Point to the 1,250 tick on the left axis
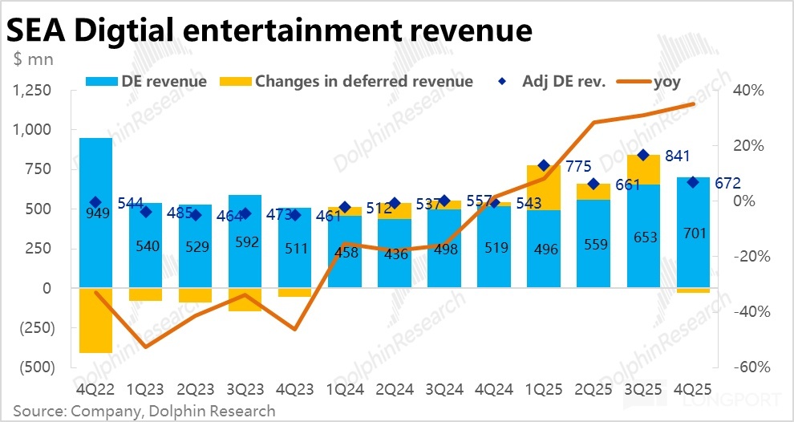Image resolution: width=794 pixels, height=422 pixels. (33, 91)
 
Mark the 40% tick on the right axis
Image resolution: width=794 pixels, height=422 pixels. (750, 91)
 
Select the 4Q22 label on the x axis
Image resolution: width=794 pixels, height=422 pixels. (95, 389)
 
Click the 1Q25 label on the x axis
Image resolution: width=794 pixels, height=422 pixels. (543, 389)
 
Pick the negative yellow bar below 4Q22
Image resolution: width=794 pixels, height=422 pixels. (95, 319)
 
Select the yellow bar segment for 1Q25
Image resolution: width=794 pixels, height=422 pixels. (543, 188)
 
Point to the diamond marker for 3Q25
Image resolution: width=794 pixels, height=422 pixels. (642, 155)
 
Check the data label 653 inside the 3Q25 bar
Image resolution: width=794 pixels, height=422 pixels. (642, 237)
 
